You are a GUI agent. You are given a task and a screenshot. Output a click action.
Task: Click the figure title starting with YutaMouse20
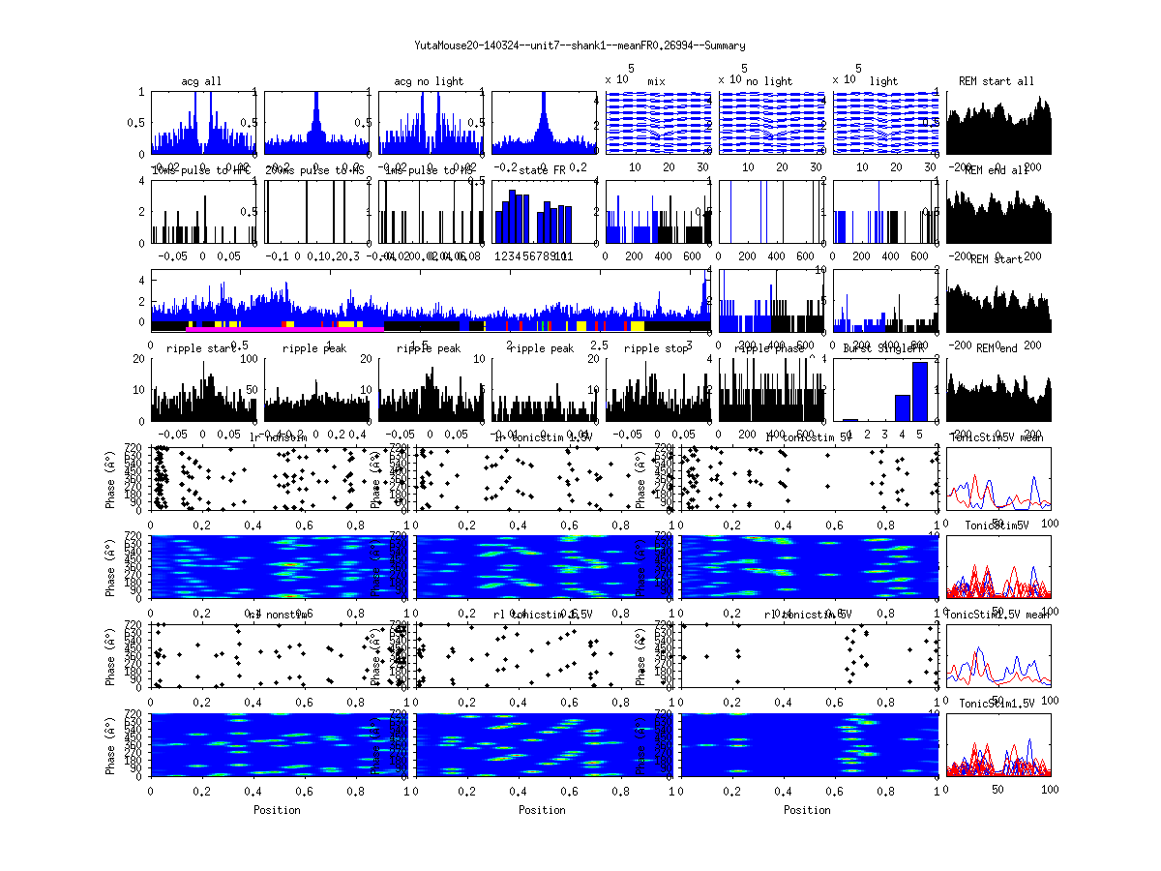[580, 45]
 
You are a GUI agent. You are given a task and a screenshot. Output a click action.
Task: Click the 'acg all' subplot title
[201, 81]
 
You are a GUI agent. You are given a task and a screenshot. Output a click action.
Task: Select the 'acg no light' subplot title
[429, 81]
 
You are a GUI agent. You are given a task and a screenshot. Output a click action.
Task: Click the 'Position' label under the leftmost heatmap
[277, 810]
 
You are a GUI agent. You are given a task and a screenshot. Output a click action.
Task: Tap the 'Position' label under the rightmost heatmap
[807, 810]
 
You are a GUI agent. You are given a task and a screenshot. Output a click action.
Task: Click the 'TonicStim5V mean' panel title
[1000, 437]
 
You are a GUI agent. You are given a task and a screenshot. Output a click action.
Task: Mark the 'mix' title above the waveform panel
[657, 81]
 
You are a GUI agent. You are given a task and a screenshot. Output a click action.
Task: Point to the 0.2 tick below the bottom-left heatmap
[202, 791]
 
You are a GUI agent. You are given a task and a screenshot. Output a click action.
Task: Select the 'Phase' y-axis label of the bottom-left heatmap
[112, 744]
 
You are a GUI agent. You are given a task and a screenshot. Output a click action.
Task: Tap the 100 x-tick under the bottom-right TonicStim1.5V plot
[1050, 791]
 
